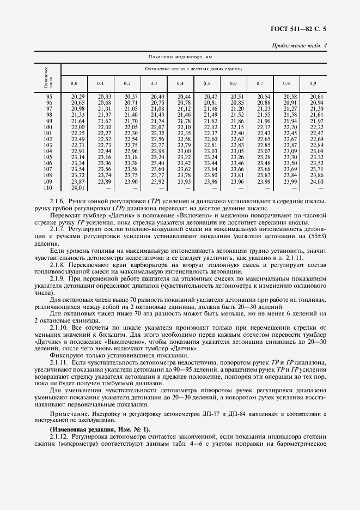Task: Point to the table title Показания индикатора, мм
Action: click(x=180, y=57)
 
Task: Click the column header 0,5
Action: click(x=207, y=83)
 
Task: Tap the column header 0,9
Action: click(x=313, y=83)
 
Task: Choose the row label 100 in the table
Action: click(x=48, y=126)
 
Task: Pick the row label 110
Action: click(x=48, y=187)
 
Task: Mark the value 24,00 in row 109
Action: click(x=316, y=181)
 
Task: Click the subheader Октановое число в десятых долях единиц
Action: click(x=197, y=70)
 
